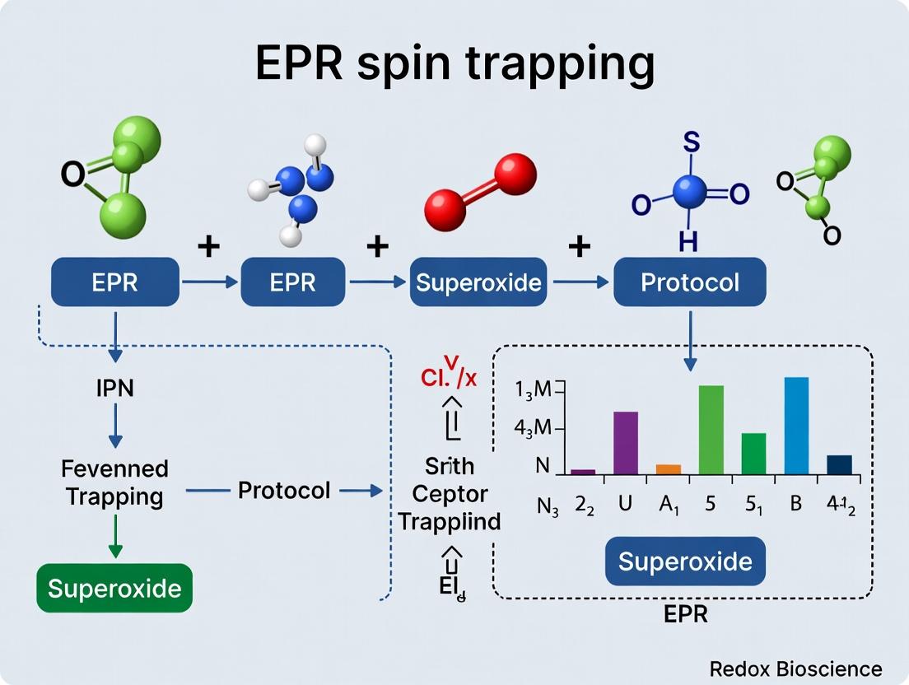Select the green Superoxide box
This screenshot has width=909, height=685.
(x=114, y=588)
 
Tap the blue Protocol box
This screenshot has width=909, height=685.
(x=690, y=282)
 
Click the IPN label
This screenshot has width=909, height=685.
(x=114, y=387)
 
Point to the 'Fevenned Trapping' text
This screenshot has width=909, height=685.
(x=114, y=482)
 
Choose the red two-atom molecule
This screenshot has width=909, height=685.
(x=480, y=192)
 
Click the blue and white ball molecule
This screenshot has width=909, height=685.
(x=300, y=189)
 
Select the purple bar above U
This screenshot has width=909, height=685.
(x=626, y=442)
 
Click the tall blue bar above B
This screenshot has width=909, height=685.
(x=796, y=425)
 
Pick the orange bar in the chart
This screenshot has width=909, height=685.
(x=669, y=468)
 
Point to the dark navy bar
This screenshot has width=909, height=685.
(x=839, y=464)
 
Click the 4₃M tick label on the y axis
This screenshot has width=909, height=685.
(x=531, y=429)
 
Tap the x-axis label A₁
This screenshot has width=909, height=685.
(x=669, y=505)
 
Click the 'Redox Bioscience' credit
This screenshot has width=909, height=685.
(x=795, y=669)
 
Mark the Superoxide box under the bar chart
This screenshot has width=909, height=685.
(x=685, y=562)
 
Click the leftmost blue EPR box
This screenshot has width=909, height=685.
(x=115, y=282)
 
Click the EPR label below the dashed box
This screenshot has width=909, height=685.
(x=685, y=614)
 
